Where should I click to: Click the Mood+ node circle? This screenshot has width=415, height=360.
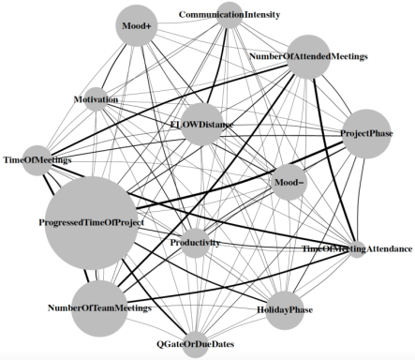click(x=136, y=25)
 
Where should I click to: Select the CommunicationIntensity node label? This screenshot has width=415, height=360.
click(x=230, y=15)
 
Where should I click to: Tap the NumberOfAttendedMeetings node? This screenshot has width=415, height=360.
click(x=308, y=56)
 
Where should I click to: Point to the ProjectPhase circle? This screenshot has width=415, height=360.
click(x=366, y=134)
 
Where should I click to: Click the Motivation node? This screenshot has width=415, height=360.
click(x=96, y=99)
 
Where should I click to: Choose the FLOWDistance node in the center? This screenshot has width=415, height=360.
click(x=201, y=125)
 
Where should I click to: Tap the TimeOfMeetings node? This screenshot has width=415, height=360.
click(x=37, y=160)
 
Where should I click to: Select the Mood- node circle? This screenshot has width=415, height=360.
click(x=289, y=182)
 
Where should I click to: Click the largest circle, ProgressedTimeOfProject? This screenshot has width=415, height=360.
click(x=92, y=223)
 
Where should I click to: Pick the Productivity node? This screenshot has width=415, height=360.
click(x=195, y=243)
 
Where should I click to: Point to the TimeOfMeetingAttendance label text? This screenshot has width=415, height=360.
click(x=357, y=249)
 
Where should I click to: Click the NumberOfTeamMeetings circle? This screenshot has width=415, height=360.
click(x=99, y=308)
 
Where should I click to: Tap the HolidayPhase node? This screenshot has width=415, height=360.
click(x=285, y=310)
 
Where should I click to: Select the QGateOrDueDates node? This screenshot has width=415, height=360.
click(x=195, y=344)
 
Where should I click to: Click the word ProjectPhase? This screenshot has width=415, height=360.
click(x=366, y=133)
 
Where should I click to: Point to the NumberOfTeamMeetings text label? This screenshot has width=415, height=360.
click(x=99, y=308)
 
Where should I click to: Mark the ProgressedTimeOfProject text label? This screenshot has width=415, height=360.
click(x=92, y=222)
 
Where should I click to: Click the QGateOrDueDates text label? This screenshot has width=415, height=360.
click(x=195, y=344)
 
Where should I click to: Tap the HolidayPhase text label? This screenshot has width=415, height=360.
click(x=285, y=310)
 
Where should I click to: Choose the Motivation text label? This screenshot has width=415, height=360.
click(x=96, y=99)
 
